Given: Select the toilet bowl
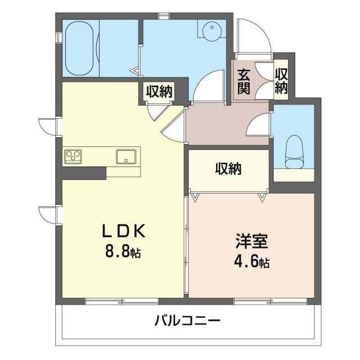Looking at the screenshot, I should (294, 152).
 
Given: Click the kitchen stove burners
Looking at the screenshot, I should (73, 156).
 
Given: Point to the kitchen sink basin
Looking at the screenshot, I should (126, 156).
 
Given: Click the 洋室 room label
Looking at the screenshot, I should (251, 243).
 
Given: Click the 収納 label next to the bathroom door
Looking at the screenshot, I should (160, 91).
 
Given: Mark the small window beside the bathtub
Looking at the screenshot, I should (57, 37).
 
